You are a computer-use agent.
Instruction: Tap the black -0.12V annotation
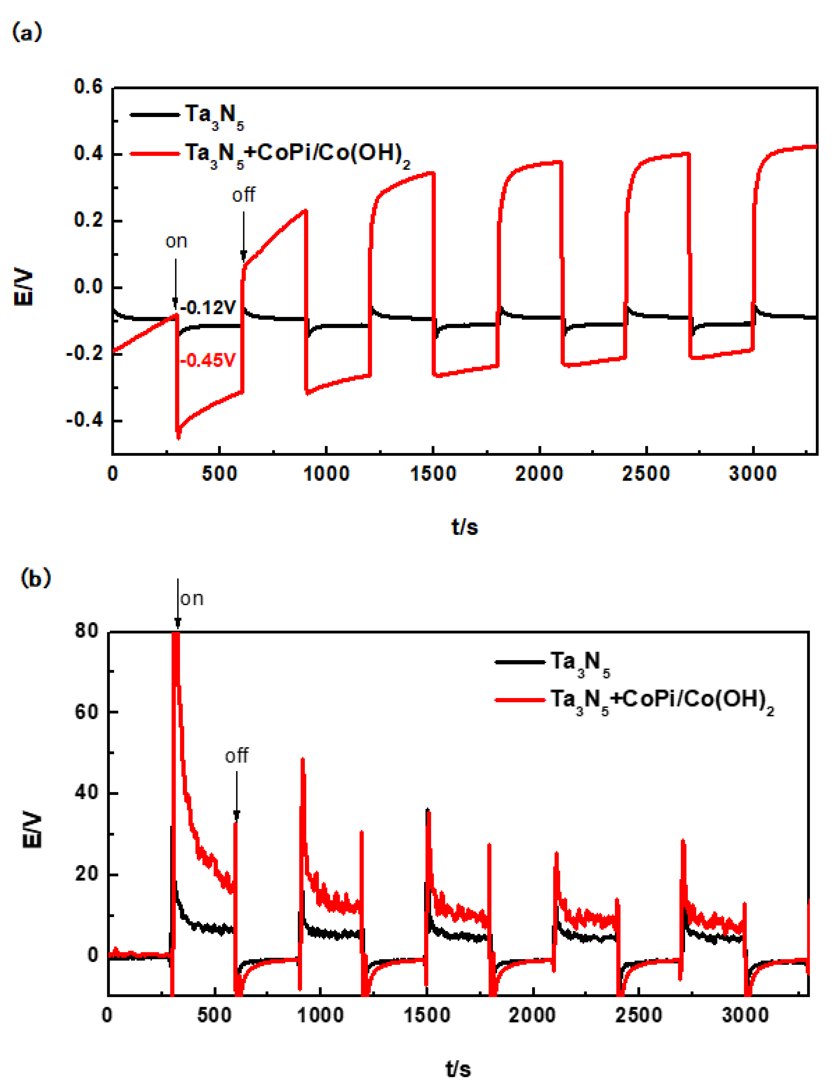(x=208, y=308)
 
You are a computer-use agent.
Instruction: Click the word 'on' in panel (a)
(x=176, y=241)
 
